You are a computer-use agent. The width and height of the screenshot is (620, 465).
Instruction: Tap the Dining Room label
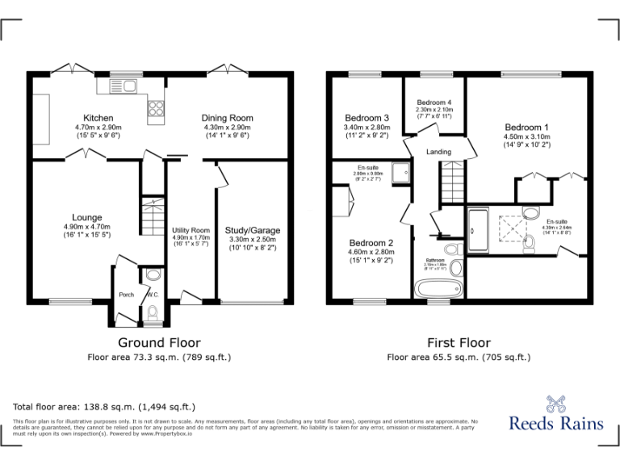coord(227,118)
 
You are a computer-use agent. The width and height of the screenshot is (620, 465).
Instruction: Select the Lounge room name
coord(86,217)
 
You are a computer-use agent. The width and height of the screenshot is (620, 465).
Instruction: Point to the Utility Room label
coord(191,231)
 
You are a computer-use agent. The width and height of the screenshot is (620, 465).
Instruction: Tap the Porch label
coord(126,295)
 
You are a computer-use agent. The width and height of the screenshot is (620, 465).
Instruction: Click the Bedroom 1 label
coord(526,128)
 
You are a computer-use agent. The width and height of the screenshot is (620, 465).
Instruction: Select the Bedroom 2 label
coord(371,243)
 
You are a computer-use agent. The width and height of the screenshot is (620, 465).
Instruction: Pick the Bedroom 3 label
coord(367,118)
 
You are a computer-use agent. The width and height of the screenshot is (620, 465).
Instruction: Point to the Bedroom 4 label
coord(434,103)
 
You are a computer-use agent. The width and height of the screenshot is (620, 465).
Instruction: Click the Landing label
coord(439,152)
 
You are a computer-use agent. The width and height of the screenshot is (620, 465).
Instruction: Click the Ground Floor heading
coord(159,343)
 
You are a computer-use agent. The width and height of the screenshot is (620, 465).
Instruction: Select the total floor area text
coord(104,406)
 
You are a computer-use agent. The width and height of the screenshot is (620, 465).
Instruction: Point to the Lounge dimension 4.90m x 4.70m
coord(86,227)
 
